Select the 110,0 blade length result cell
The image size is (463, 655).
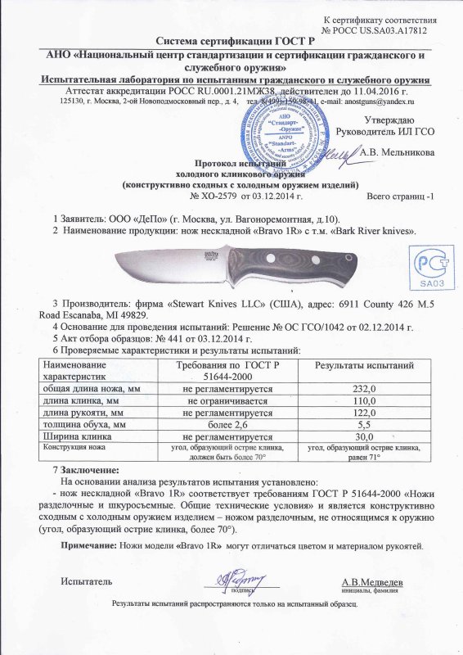click(361, 401)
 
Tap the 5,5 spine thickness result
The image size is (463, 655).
click(361, 425)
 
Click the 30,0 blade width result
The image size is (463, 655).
click(361, 436)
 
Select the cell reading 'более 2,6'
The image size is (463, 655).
click(228, 425)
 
